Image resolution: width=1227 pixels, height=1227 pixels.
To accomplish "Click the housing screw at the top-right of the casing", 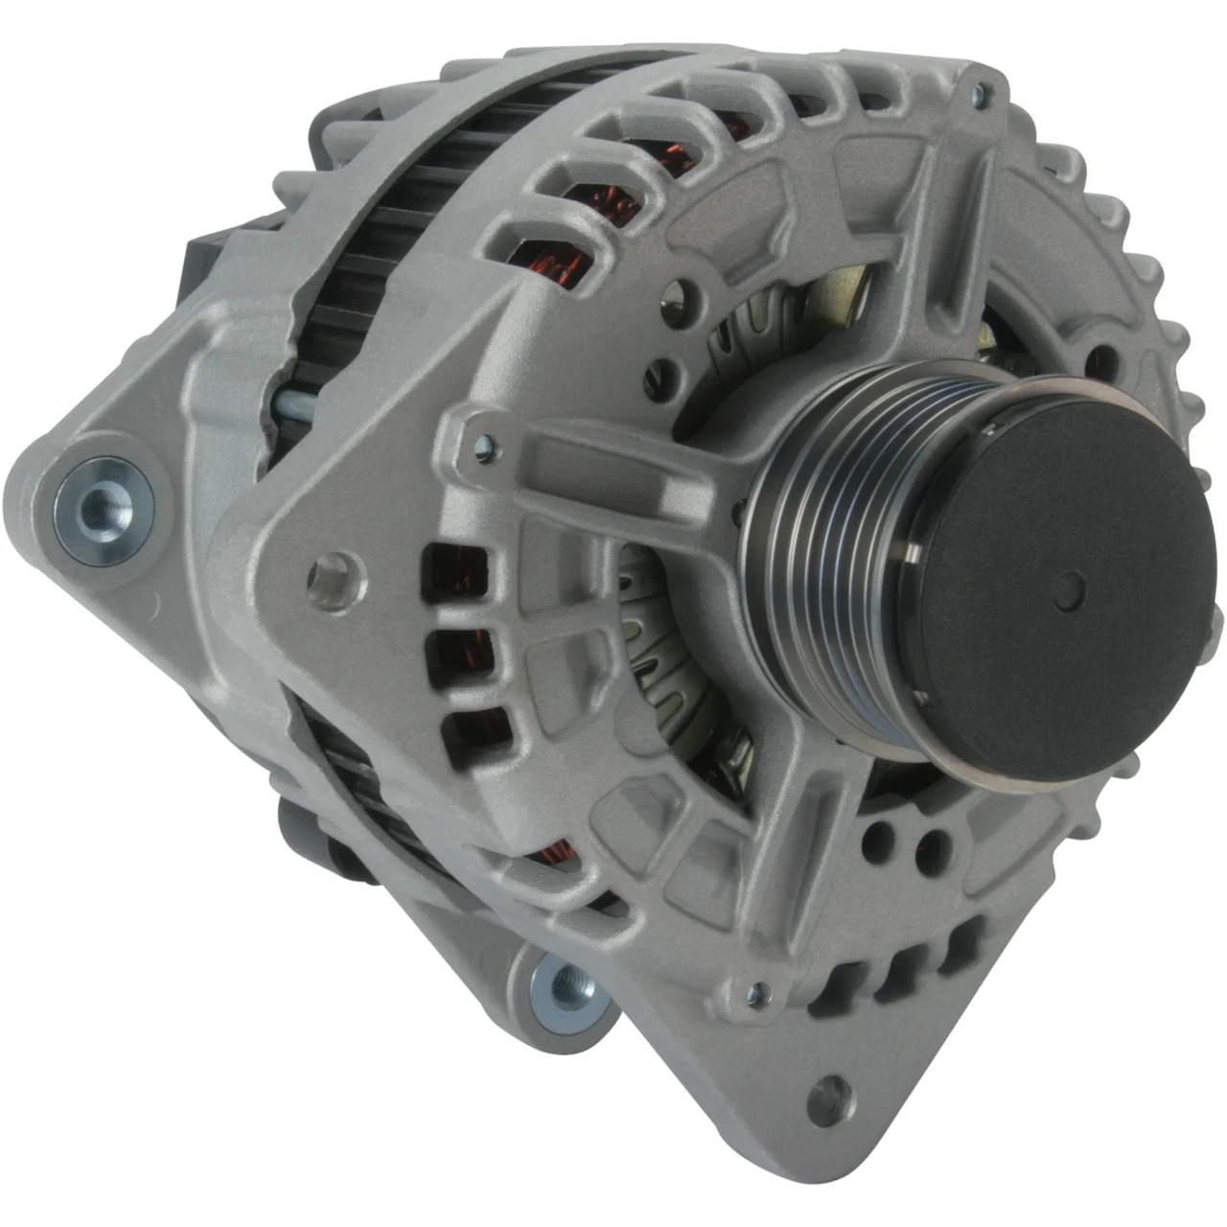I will (977, 93).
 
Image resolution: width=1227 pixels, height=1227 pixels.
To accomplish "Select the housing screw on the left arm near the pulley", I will (483, 442).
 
